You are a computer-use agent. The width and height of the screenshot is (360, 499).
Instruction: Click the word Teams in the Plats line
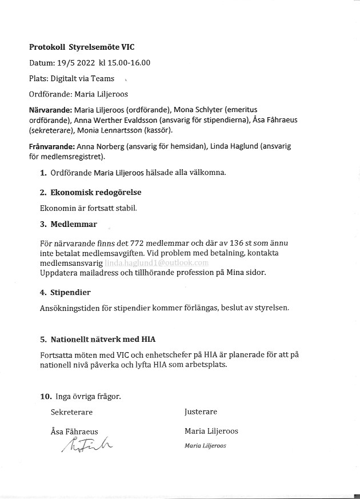104,78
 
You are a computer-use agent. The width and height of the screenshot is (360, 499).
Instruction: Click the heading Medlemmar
73,224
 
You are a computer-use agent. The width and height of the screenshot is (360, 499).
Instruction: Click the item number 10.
46,396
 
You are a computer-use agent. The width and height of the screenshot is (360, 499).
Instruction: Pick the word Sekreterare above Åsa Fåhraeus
71,412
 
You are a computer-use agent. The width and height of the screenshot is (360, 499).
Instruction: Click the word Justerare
201,412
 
